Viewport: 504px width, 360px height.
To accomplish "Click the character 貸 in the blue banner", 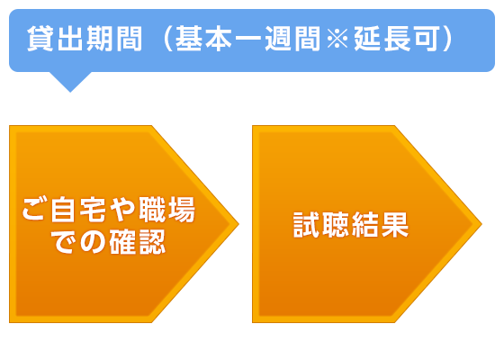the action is (40, 39).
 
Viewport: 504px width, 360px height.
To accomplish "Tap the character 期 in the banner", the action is (99, 39).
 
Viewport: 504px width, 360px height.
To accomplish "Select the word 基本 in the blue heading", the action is (203, 39).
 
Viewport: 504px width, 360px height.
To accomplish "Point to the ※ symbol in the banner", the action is (337, 39).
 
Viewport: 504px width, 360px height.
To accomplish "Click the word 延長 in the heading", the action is (382, 39).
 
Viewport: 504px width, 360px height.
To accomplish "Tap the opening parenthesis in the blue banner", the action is (168, 39).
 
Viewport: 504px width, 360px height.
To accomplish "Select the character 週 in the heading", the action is (278, 39).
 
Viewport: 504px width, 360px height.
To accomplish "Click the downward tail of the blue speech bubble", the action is (70, 81).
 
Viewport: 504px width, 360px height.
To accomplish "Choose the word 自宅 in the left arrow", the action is (79, 210).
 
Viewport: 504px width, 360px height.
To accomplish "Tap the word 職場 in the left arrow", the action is (167, 210).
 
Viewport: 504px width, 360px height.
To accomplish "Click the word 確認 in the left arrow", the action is (138, 242).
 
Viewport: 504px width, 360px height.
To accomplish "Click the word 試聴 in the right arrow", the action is (321, 225).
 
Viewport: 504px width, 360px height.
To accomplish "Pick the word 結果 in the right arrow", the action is (380, 225).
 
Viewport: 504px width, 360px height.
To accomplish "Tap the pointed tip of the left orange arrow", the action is (238, 224).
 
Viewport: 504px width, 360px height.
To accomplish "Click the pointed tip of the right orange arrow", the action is (481, 224).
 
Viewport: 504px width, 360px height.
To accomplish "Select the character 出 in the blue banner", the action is (70, 39).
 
